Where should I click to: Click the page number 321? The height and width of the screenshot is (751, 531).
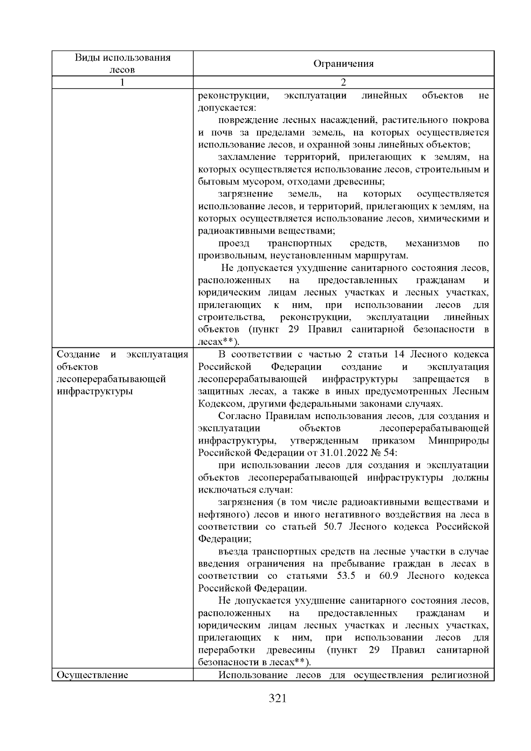(278, 699)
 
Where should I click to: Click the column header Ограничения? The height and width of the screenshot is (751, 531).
(343, 64)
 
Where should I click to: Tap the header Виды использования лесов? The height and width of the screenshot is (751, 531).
(123, 63)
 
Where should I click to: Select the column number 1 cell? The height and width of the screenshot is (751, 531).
(123, 82)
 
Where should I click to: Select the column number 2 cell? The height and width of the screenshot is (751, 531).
(343, 82)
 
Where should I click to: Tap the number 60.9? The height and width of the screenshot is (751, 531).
(389, 576)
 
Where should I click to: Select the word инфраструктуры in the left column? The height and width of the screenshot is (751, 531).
(95, 392)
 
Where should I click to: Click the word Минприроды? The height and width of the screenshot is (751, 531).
(459, 441)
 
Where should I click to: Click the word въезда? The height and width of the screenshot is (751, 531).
(233, 551)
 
